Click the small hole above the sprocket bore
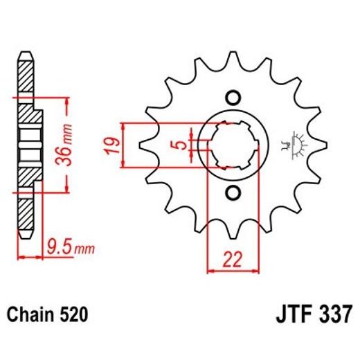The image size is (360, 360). [x=233, y=97]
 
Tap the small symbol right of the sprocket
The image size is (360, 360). [x=300, y=143]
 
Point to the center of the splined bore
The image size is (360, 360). [x=233, y=145]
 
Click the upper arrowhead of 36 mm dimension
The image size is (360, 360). [x=67, y=103]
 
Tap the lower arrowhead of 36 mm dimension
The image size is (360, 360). [x=67, y=185]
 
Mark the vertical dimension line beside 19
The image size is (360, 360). [x=123, y=145]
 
